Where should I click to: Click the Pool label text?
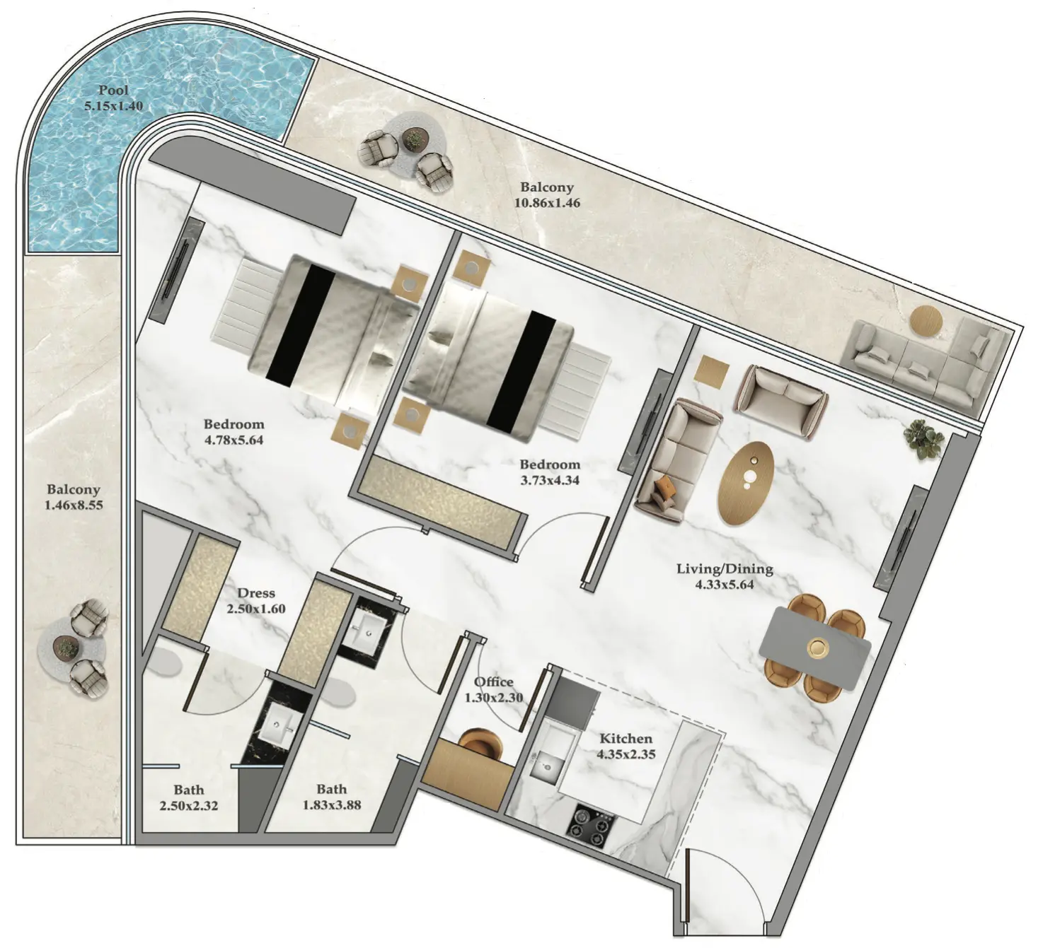pyautogui.click(x=113, y=90)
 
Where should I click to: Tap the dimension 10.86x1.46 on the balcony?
pyautogui.click(x=547, y=203)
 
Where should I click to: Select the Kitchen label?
pyautogui.click(x=626, y=738)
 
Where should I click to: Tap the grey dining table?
pyautogui.click(x=814, y=648)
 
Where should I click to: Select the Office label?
pyautogui.click(x=493, y=681)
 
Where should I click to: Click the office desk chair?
pyautogui.click(x=482, y=743)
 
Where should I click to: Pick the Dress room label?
pyautogui.click(x=256, y=592)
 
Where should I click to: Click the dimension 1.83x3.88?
pyautogui.click(x=332, y=805)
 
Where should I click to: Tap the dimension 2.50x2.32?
pyautogui.click(x=189, y=806)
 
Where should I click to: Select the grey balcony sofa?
pyautogui.click(x=923, y=363)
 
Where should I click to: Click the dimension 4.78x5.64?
pyautogui.click(x=234, y=440)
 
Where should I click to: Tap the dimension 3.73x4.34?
pyautogui.click(x=550, y=480)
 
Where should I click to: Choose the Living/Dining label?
pyautogui.click(x=725, y=569)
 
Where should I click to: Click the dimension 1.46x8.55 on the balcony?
pyautogui.click(x=74, y=504)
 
